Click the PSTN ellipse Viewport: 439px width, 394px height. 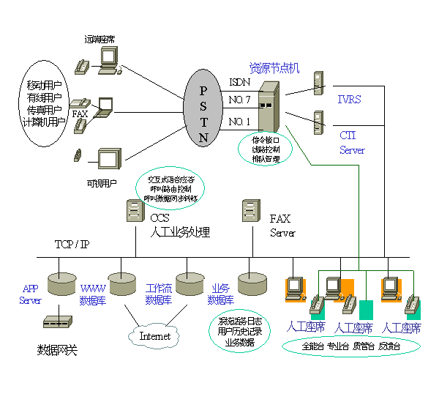pyautogui.click(x=203, y=106)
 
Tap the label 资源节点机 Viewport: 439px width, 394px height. pyautogui.click(x=274, y=68)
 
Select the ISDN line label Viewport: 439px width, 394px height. pyautogui.click(x=239, y=82)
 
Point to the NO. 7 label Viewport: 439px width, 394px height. pyautogui.click(x=239, y=100)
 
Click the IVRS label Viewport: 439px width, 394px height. pyautogui.click(x=349, y=99)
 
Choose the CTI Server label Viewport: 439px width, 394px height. pyautogui.click(x=351, y=143)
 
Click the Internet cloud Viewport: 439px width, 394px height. pyautogui.click(x=154, y=336)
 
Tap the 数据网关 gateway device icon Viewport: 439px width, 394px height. pyautogui.click(x=56, y=321)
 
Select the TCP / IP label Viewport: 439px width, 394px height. pyautogui.click(x=72, y=244)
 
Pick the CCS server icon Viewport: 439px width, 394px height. pyautogui.click(x=134, y=212)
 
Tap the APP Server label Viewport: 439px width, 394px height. pyautogui.click(x=30, y=294)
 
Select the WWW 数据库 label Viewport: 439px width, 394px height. pyautogui.click(x=93, y=294)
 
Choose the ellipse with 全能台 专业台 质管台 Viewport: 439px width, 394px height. pyautogui.click(x=350, y=345)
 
